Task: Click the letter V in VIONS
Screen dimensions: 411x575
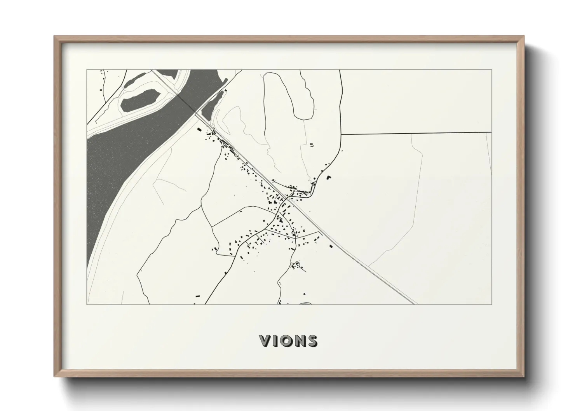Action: point(266,341)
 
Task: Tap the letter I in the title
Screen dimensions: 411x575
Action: point(277,341)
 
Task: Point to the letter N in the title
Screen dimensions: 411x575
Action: point(300,341)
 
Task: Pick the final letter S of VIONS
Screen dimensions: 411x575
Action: point(312,341)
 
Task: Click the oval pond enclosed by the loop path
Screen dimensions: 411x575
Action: point(140,99)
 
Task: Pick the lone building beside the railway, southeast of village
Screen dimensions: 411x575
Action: point(331,246)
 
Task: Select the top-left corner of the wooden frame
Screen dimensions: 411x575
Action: point(54,37)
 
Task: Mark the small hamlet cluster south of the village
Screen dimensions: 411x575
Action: point(296,266)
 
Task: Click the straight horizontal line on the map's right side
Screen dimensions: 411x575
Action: point(416,133)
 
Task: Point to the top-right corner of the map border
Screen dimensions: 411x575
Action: point(491,70)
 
